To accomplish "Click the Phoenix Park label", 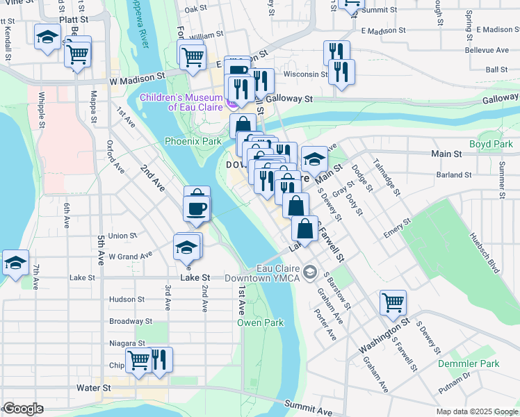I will point(193,141).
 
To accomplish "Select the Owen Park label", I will point(260,322).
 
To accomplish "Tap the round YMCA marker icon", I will point(310,271).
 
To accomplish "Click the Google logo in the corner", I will point(23,409).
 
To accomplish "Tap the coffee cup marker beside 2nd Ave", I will point(197,209).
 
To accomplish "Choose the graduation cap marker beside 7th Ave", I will point(15,263).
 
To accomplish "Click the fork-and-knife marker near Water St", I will point(160,359).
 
